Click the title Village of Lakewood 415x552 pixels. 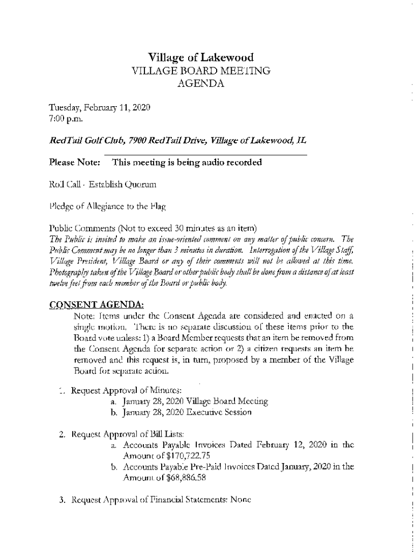pyautogui.click(x=200, y=58)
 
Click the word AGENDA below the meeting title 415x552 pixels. pyautogui.click(x=200, y=83)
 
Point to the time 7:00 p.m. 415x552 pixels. pyautogui.click(x=65, y=118)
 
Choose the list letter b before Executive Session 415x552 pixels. pyautogui.click(x=114, y=412)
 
